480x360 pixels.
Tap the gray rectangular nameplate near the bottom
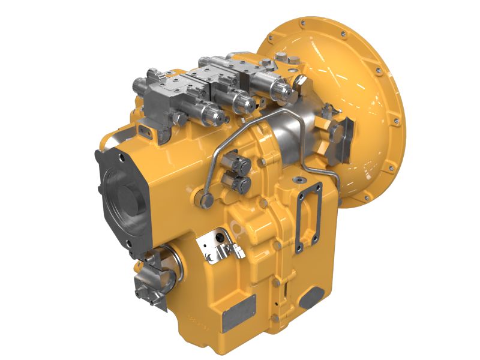(x=238, y=314)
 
